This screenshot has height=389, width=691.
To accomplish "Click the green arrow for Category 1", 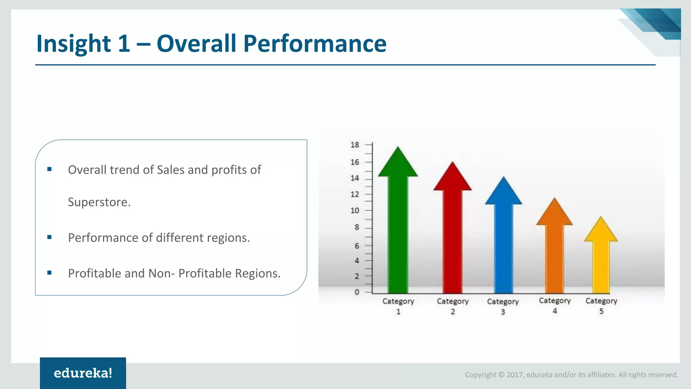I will tap(398, 230).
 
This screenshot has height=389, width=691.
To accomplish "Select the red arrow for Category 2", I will tap(452, 236).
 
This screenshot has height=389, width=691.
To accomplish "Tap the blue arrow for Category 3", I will tap(503, 243).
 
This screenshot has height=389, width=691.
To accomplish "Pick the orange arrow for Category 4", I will tap(554, 253).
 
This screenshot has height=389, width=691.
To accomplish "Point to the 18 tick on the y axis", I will tap(355, 145).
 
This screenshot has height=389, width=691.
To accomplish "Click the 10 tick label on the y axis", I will tap(355, 211).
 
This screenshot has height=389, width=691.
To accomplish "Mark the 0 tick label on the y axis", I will tap(357, 292).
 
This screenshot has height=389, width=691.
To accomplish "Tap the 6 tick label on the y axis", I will tap(357, 246).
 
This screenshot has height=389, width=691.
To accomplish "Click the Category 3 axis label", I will tap(503, 306).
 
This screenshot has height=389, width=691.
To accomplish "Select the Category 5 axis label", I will tap(601, 305).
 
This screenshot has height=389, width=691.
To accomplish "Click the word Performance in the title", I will tap(314, 44).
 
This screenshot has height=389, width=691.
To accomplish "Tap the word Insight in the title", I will tap(74, 44).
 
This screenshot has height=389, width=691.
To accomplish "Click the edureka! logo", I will tap(83, 373).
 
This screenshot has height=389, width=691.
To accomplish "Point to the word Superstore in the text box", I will tap(98, 202).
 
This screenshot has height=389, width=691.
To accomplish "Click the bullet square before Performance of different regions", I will tap(50, 237).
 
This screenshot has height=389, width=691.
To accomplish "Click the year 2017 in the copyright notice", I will tap(515, 375).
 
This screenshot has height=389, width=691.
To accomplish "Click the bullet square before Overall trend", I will tap(50, 169).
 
